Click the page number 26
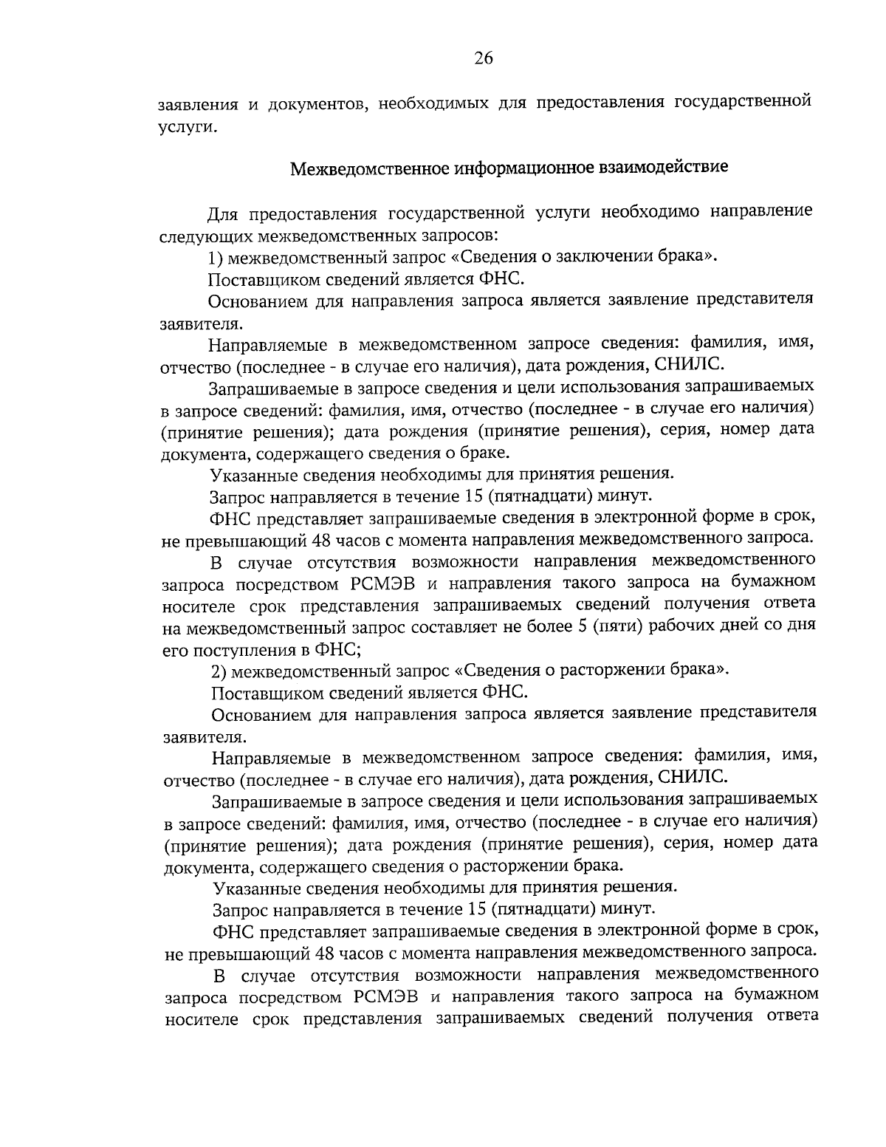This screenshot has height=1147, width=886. [x=483, y=60]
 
